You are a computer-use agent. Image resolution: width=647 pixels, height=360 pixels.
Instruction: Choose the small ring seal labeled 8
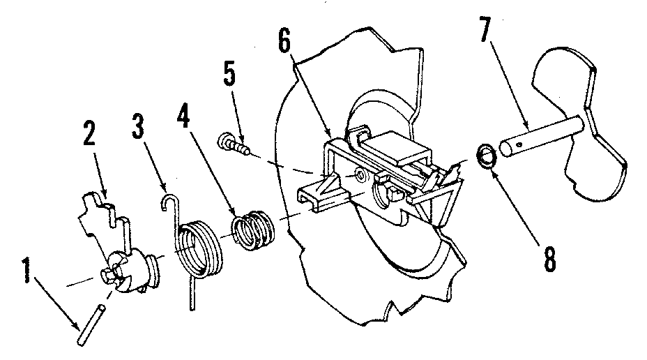tap(486, 157)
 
